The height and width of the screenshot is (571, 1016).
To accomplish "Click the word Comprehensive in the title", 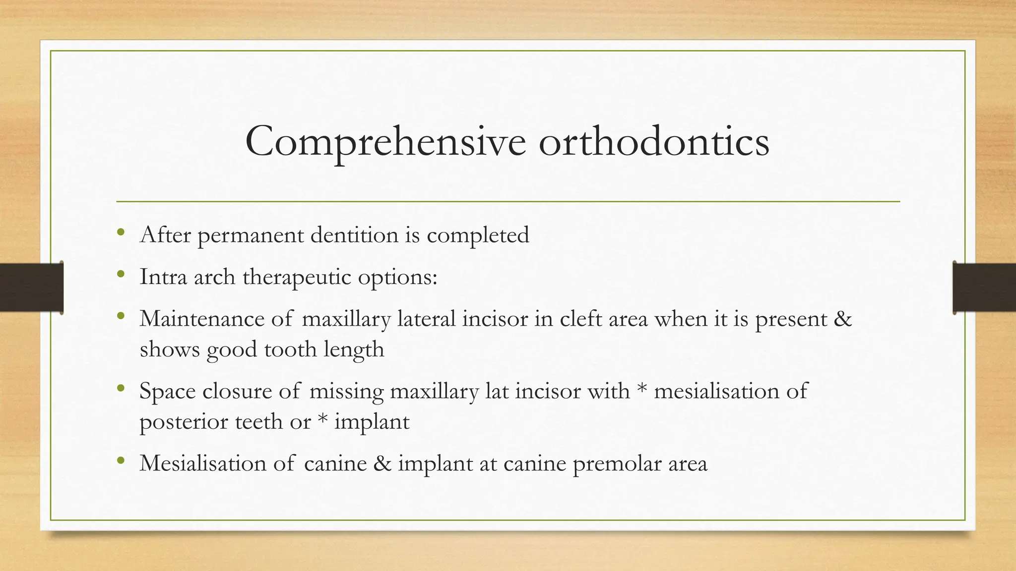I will coord(385,142).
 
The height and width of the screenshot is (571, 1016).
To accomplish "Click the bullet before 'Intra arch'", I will coord(121,274).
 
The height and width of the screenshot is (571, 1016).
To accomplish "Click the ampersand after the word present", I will coord(842,318).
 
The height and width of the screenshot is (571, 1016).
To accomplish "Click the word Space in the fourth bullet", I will coord(167,392).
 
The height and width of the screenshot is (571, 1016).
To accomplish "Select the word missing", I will coord(346,392).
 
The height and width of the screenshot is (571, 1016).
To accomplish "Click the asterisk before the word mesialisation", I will coord(642,389).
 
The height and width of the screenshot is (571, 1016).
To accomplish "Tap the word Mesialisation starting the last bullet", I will coord(203,463).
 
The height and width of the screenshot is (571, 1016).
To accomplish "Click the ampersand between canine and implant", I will coord(382,463).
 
